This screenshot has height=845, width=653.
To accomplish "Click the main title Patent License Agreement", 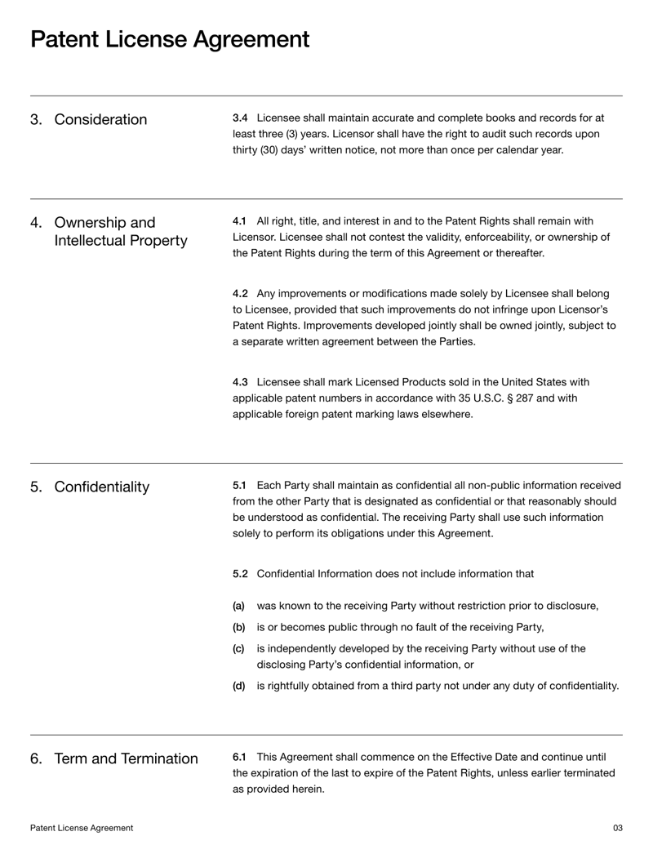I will [x=170, y=39].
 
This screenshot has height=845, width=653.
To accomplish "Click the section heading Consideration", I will [x=100, y=120].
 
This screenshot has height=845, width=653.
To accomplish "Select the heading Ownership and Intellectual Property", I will [x=120, y=233].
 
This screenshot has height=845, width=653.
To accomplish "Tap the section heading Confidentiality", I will [x=102, y=487].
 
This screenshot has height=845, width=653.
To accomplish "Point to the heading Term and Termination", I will [x=126, y=759].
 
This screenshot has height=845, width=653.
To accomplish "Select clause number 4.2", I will [x=240, y=293].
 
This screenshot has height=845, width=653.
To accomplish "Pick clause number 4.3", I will [x=240, y=382].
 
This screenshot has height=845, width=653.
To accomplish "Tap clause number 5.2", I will [x=240, y=573].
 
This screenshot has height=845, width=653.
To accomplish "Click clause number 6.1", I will [x=239, y=758].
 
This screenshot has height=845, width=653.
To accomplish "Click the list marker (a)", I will [x=238, y=607].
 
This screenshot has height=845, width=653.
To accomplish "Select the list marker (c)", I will [x=238, y=649].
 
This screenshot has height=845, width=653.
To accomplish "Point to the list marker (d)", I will [x=238, y=686].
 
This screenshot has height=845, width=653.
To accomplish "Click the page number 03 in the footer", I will [x=617, y=828].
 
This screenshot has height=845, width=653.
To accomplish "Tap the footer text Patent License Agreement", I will [x=82, y=828].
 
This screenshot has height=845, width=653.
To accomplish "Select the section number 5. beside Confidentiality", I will [x=36, y=487].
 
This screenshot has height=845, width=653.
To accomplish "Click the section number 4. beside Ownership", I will [x=36, y=224].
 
